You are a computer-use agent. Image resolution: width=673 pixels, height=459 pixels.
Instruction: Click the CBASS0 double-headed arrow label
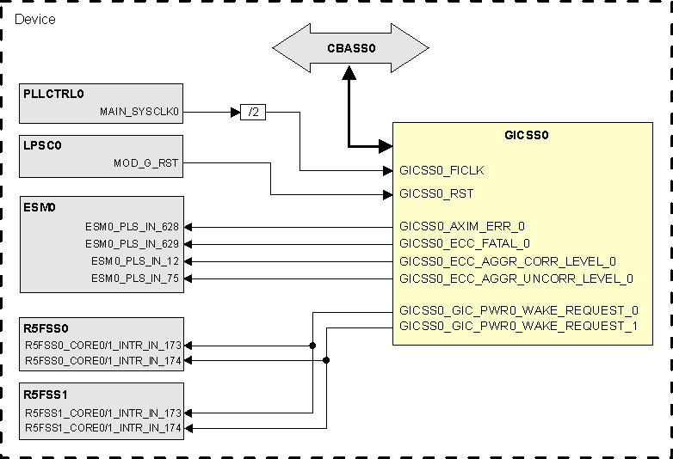point(351,49)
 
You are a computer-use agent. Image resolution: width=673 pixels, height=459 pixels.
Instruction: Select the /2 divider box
point(253,112)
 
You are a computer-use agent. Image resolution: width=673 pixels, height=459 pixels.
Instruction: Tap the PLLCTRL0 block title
point(54,94)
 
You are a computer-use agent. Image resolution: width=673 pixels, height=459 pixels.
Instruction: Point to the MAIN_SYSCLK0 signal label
point(139,111)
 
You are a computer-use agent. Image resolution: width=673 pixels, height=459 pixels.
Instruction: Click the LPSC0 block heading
point(44,145)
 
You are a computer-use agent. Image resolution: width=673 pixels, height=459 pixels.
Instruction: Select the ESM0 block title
point(40,208)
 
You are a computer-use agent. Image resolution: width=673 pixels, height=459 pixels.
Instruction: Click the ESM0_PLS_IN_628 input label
point(132,227)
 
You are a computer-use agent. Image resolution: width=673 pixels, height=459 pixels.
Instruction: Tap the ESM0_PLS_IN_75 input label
point(135,278)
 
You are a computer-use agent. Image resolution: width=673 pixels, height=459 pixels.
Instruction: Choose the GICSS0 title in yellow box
point(526,135)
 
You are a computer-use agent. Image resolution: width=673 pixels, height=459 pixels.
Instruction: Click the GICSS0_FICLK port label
point(448,170)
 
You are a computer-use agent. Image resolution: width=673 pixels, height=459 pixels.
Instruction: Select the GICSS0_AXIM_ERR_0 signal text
point(462,227)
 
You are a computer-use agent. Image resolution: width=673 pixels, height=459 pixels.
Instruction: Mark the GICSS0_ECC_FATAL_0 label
point(465,244)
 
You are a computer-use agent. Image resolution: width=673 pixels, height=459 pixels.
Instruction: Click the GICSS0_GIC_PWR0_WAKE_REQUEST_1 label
point(519,327)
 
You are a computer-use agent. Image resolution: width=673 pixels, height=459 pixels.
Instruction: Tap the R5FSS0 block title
point(46,327)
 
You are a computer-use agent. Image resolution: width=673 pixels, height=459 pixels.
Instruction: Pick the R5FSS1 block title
point(46,395)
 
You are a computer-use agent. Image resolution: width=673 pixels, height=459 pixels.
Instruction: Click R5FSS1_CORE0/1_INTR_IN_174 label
point(103,428)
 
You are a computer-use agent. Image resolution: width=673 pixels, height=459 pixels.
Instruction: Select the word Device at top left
point(35,19)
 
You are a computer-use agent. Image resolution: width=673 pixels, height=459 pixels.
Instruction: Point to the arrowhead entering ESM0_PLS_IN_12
point(189,261)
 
